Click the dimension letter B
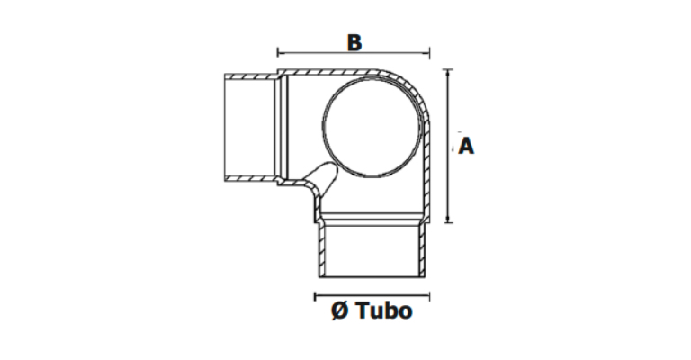pos(354,42)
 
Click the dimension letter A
pos(466,146)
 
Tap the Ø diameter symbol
pos(340,310)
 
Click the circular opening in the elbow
pos(372,127)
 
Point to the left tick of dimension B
pos(278,53)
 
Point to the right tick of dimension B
pos(429,53)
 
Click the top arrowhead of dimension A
pos(448,73)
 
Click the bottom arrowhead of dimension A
pos(448,219)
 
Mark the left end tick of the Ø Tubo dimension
pos(315,296)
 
